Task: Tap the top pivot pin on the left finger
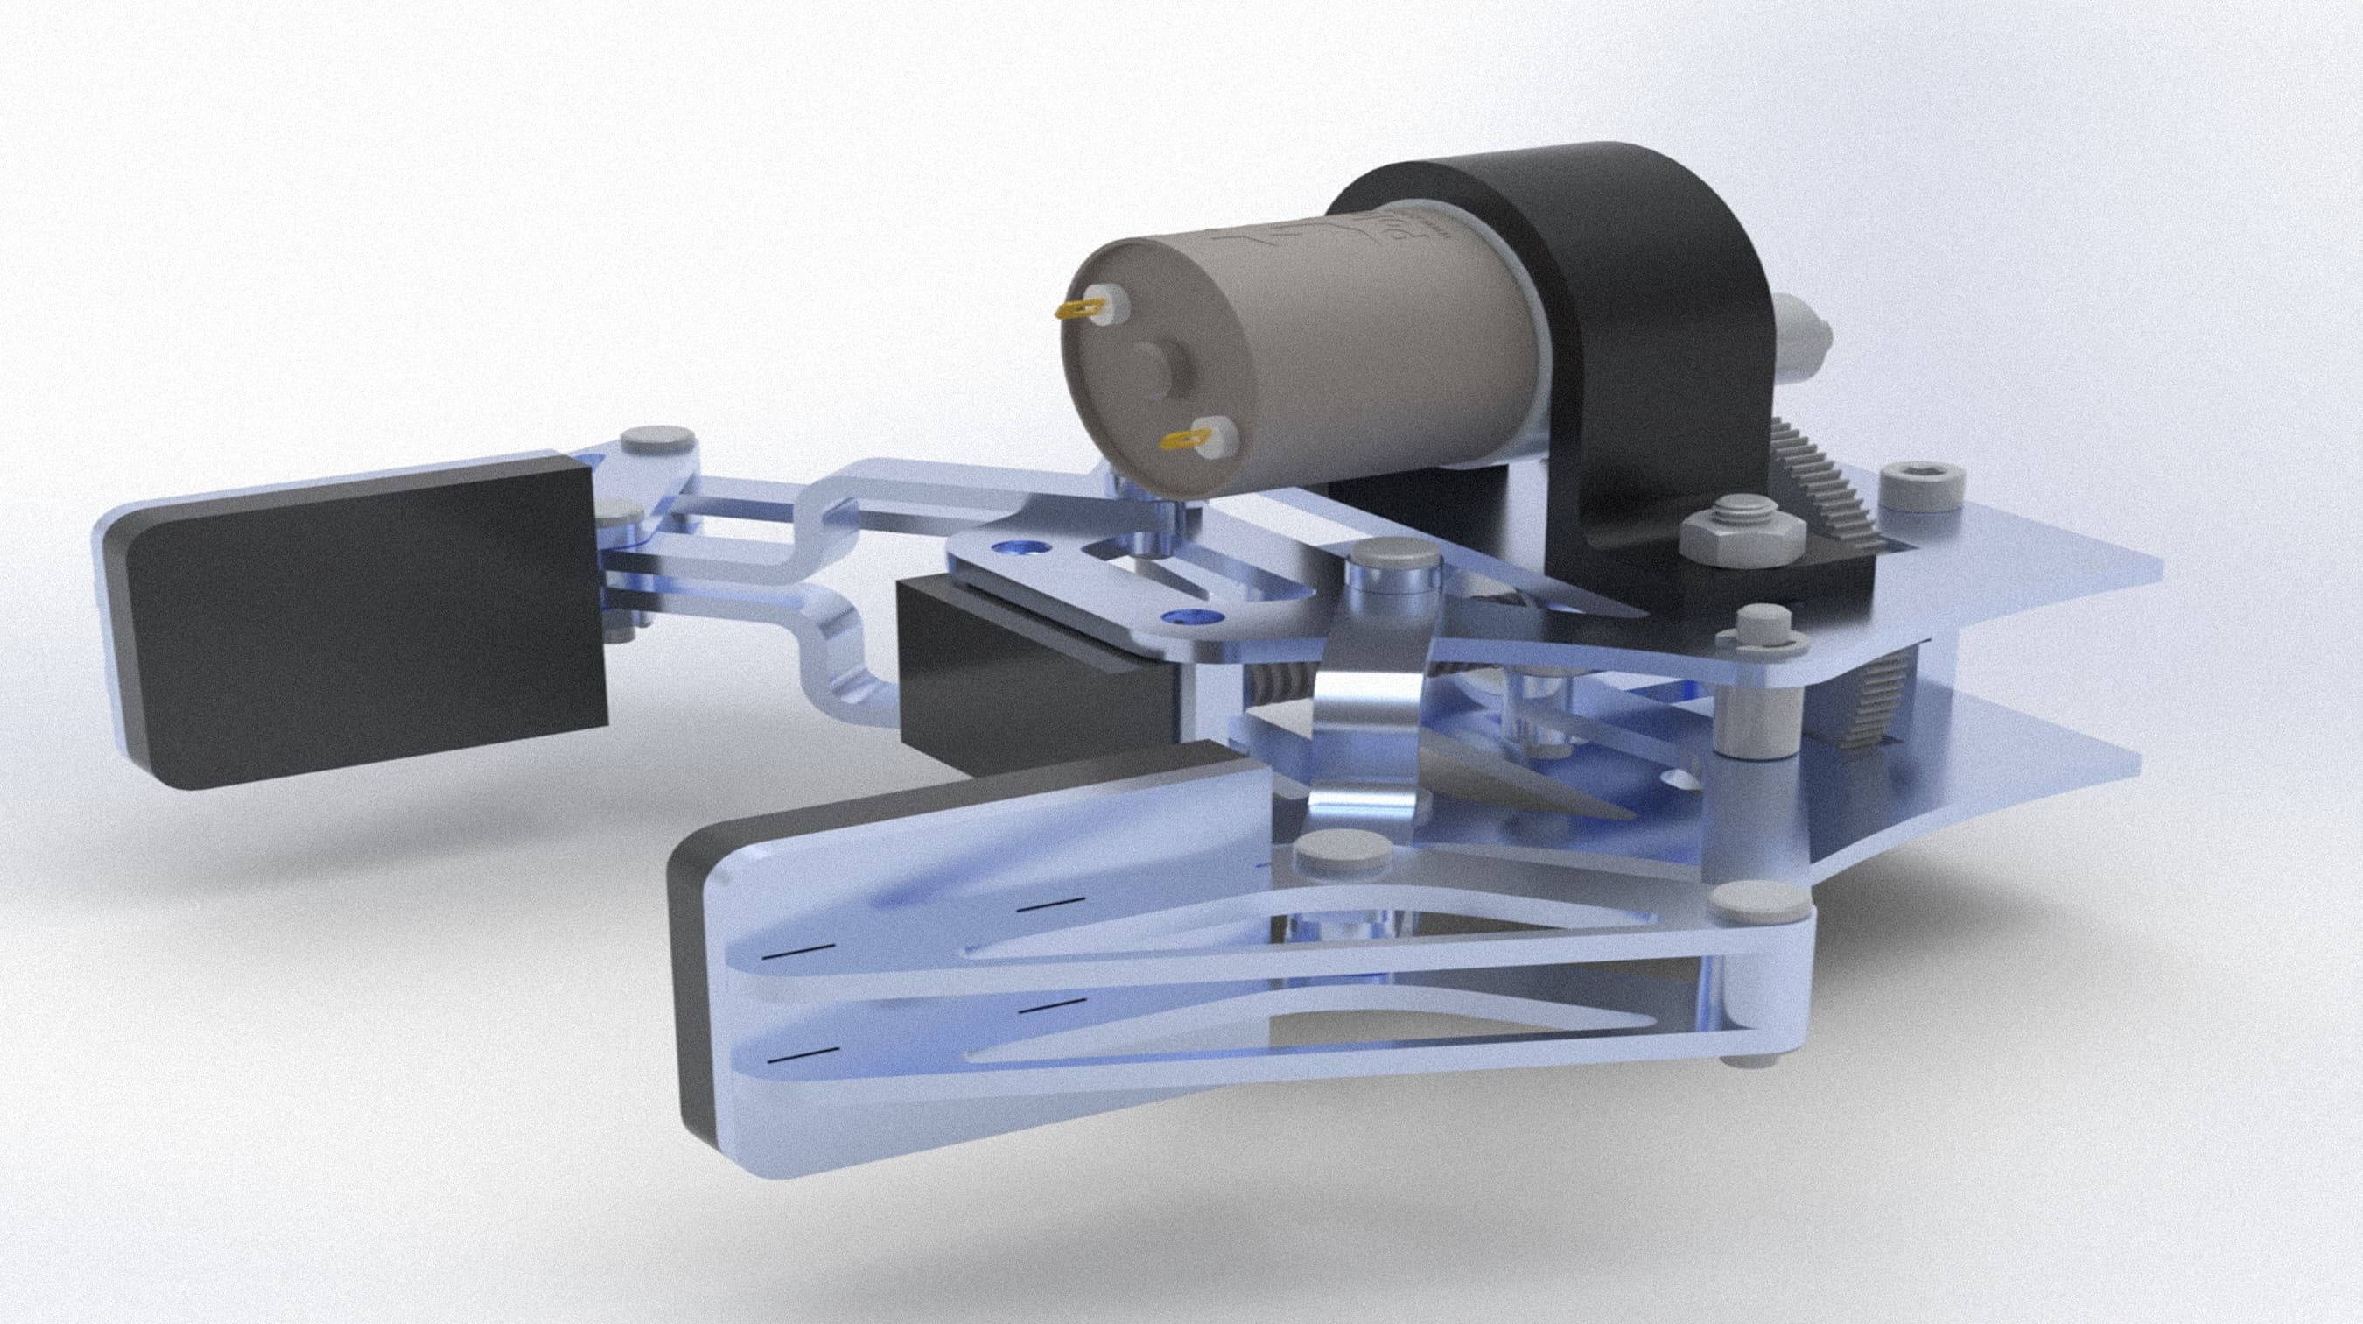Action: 654,440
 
